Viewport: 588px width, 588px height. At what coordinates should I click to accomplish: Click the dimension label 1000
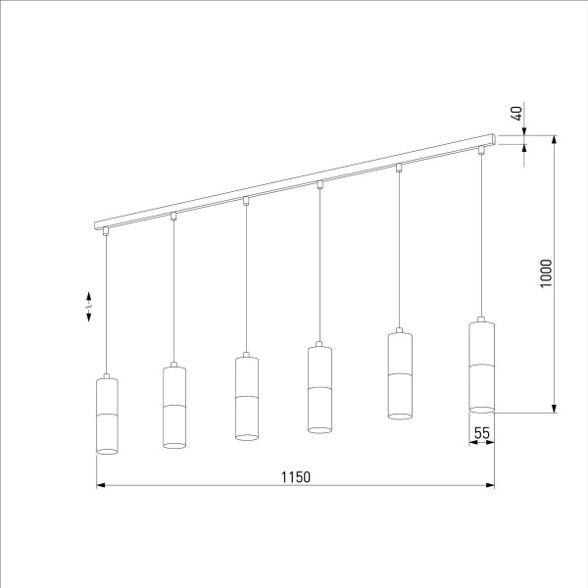pos(546,273)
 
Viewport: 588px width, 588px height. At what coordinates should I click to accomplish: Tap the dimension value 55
pos(481,431)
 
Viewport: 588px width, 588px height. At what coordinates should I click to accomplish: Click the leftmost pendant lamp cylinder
pos(107,416)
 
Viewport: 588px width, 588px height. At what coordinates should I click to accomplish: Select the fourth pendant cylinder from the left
pos(320,388)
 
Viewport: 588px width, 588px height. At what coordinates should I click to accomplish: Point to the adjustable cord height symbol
pos(89,306)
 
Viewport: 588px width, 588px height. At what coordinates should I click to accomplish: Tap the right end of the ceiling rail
pos(495,136)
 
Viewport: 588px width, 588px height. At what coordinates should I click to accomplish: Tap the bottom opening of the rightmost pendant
pos(481,408)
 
